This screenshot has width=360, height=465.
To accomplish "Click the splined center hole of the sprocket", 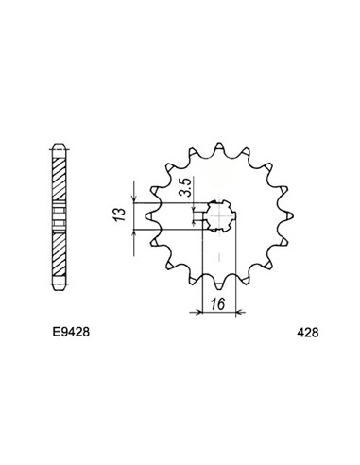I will pyautogui.click(x=221, y=218).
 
